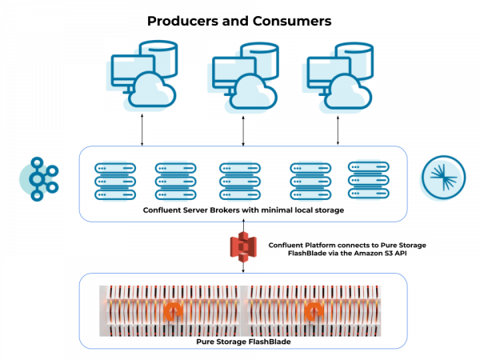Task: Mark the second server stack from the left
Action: point(171,181)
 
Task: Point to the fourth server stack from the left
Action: point(305,181)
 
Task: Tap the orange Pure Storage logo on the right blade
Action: point(318,311)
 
